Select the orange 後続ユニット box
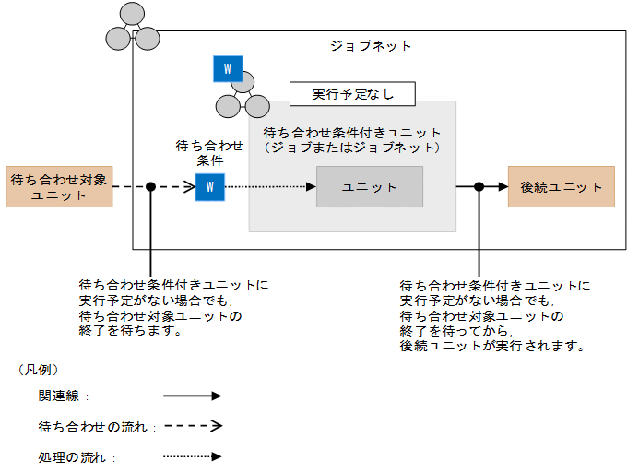click(561, 186)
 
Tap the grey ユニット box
click(369, 187)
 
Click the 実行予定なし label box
click(351, 94)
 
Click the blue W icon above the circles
click(227, 69)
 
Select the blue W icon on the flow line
click(209, 187)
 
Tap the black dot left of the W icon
click(150, 187)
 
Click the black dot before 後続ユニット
click(479, 186)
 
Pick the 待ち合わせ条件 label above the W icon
click(209, 152)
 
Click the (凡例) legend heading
click(39, 369)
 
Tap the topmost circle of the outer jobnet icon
click(132, 15)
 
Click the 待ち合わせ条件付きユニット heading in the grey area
click(351, 133)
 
